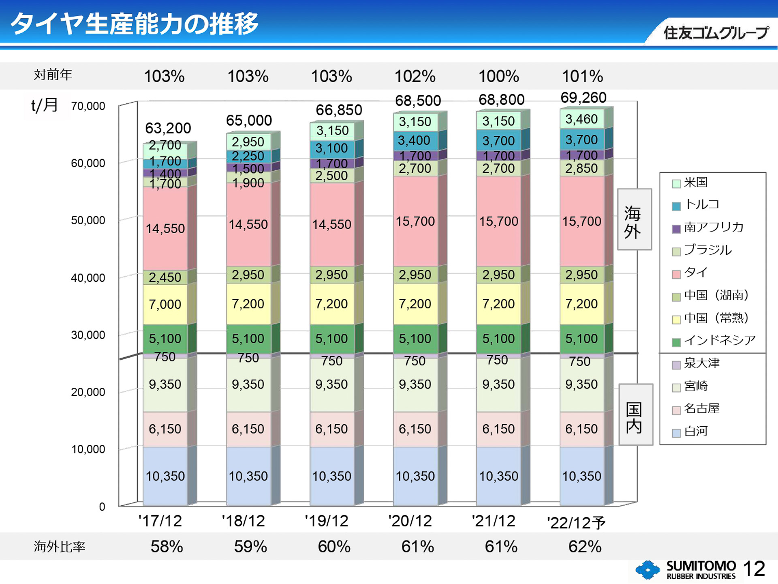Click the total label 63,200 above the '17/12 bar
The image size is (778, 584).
coord(168,128)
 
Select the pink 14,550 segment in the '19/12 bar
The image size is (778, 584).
coord(331,224)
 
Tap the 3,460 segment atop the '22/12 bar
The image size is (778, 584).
coord(581,119)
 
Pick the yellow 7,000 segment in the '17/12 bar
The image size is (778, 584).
coord(165,304)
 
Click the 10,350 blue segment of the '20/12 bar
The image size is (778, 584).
coord(415,476)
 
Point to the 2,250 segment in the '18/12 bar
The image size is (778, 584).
coord(248,156)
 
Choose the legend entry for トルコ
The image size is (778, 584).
coord(701,204)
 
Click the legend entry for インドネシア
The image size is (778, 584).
coord(719,340)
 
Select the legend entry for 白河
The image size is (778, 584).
coord(695,431)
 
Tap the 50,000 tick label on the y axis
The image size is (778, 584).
coord(88,220)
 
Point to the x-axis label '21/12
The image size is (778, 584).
coord(493,521)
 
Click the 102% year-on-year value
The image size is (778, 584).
coord(415,76)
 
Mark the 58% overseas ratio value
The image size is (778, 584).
coord(167,546)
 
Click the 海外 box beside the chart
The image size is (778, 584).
coord(634,219)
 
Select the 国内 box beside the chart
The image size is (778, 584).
coord(635,414)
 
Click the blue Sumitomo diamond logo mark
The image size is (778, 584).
coord(648,570)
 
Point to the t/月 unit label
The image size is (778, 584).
coord(45,105)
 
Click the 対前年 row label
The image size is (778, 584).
coord(53,75)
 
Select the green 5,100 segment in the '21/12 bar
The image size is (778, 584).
coord(498,339)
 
